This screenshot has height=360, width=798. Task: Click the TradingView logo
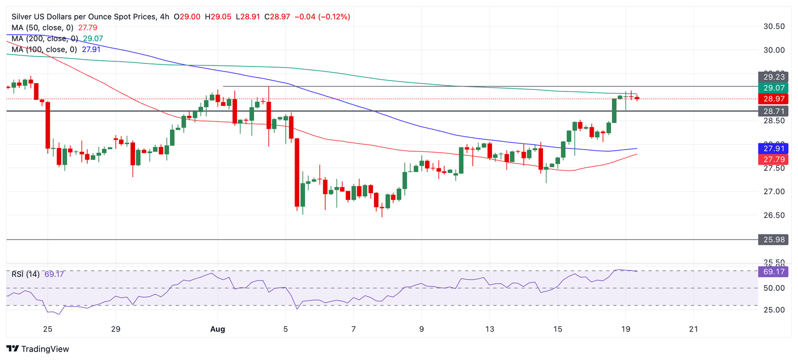tap(37, 349)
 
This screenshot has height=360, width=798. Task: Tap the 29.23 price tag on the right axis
tap(773, 76)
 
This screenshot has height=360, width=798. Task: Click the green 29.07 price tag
tap(773, 87)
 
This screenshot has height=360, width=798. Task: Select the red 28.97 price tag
tap(773, 99)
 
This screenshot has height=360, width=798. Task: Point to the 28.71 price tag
tap(773, 111)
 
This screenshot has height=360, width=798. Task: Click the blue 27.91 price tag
tap(773, 148)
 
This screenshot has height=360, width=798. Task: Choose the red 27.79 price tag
tap(773, 159)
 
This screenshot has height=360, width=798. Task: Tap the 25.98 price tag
tap(773, 239)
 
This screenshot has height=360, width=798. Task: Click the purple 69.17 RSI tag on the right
tap(773, 271)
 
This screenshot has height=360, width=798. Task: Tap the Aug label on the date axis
tap(217, 329)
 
